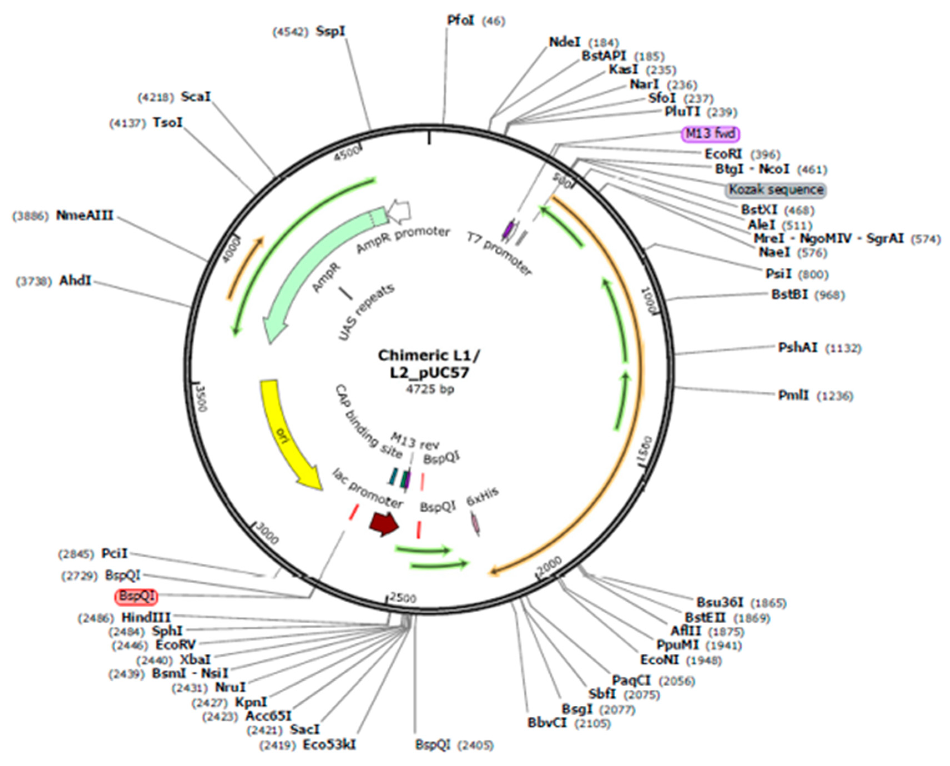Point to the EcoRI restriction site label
[723, 154]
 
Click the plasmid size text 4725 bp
[430, 389]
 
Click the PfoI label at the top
[461, 20]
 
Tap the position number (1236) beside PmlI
[835, 396]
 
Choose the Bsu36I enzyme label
[719, 602]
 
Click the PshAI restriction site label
[797, 348]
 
